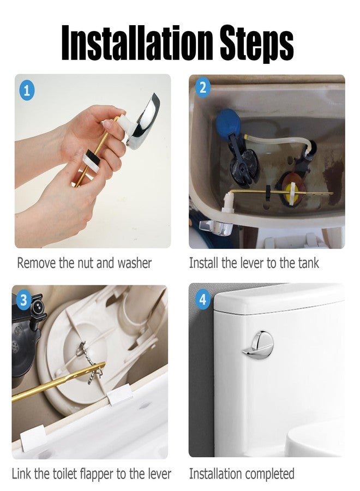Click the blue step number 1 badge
pos(27,91)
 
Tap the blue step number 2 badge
pos(203,88)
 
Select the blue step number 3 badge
pos(23,300)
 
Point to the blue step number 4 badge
pos(203,300)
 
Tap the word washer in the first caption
pos(135,263)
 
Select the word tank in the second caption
pos(308,263)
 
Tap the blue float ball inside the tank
pos(228,122)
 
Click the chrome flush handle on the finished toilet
pos(258,344)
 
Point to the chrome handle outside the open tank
pos(216,227)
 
